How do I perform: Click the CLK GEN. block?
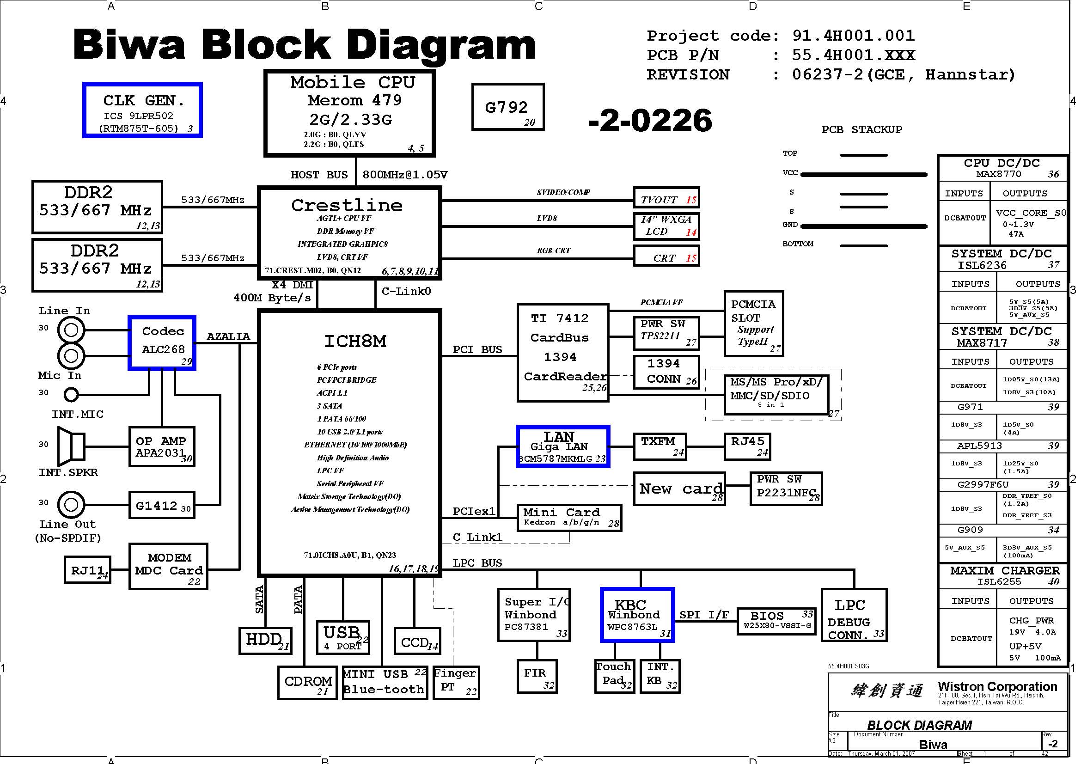point(143,110)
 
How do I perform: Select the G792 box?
point(508,107)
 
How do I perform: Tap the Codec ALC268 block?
point(162,342)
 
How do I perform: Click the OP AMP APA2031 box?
point(162,447)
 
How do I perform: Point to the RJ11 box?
point(87,569)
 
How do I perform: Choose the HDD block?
point(266,641)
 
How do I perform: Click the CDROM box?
point(307,683)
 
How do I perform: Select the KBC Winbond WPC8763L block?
point(637,615)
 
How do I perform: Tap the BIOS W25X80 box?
point(776,621)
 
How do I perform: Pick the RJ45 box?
point(747,446)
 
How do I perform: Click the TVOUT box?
point(667,197)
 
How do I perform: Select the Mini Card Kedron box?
point(569,518)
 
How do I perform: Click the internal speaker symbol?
point(71,446)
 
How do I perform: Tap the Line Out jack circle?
point(71,505)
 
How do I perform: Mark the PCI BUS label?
point(477,349)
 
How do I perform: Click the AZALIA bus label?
point(228,336)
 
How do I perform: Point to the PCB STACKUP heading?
point(861,129)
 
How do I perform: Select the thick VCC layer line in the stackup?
point(864,175)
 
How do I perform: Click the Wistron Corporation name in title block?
point(997,686)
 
